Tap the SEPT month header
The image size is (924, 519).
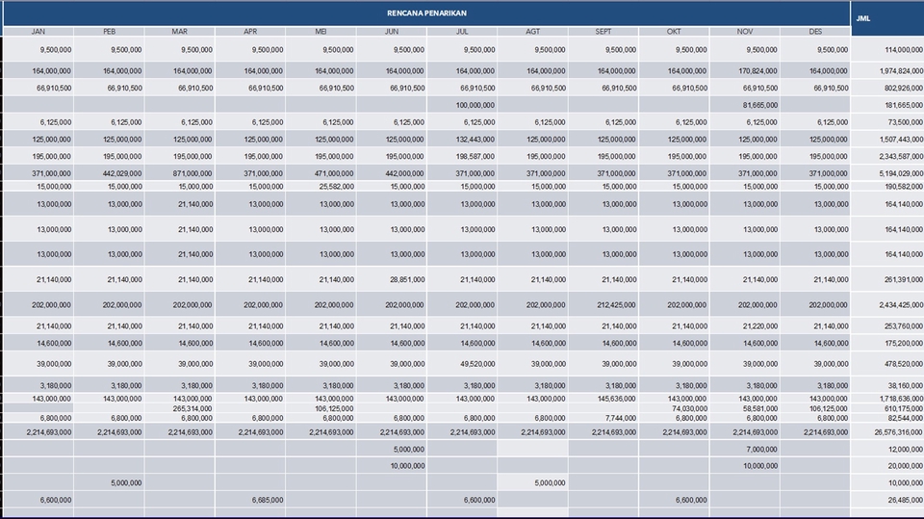tap(603, 32)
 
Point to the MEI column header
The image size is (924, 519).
tap(321, 32)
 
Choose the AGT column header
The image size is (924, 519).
tap(532, 32)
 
